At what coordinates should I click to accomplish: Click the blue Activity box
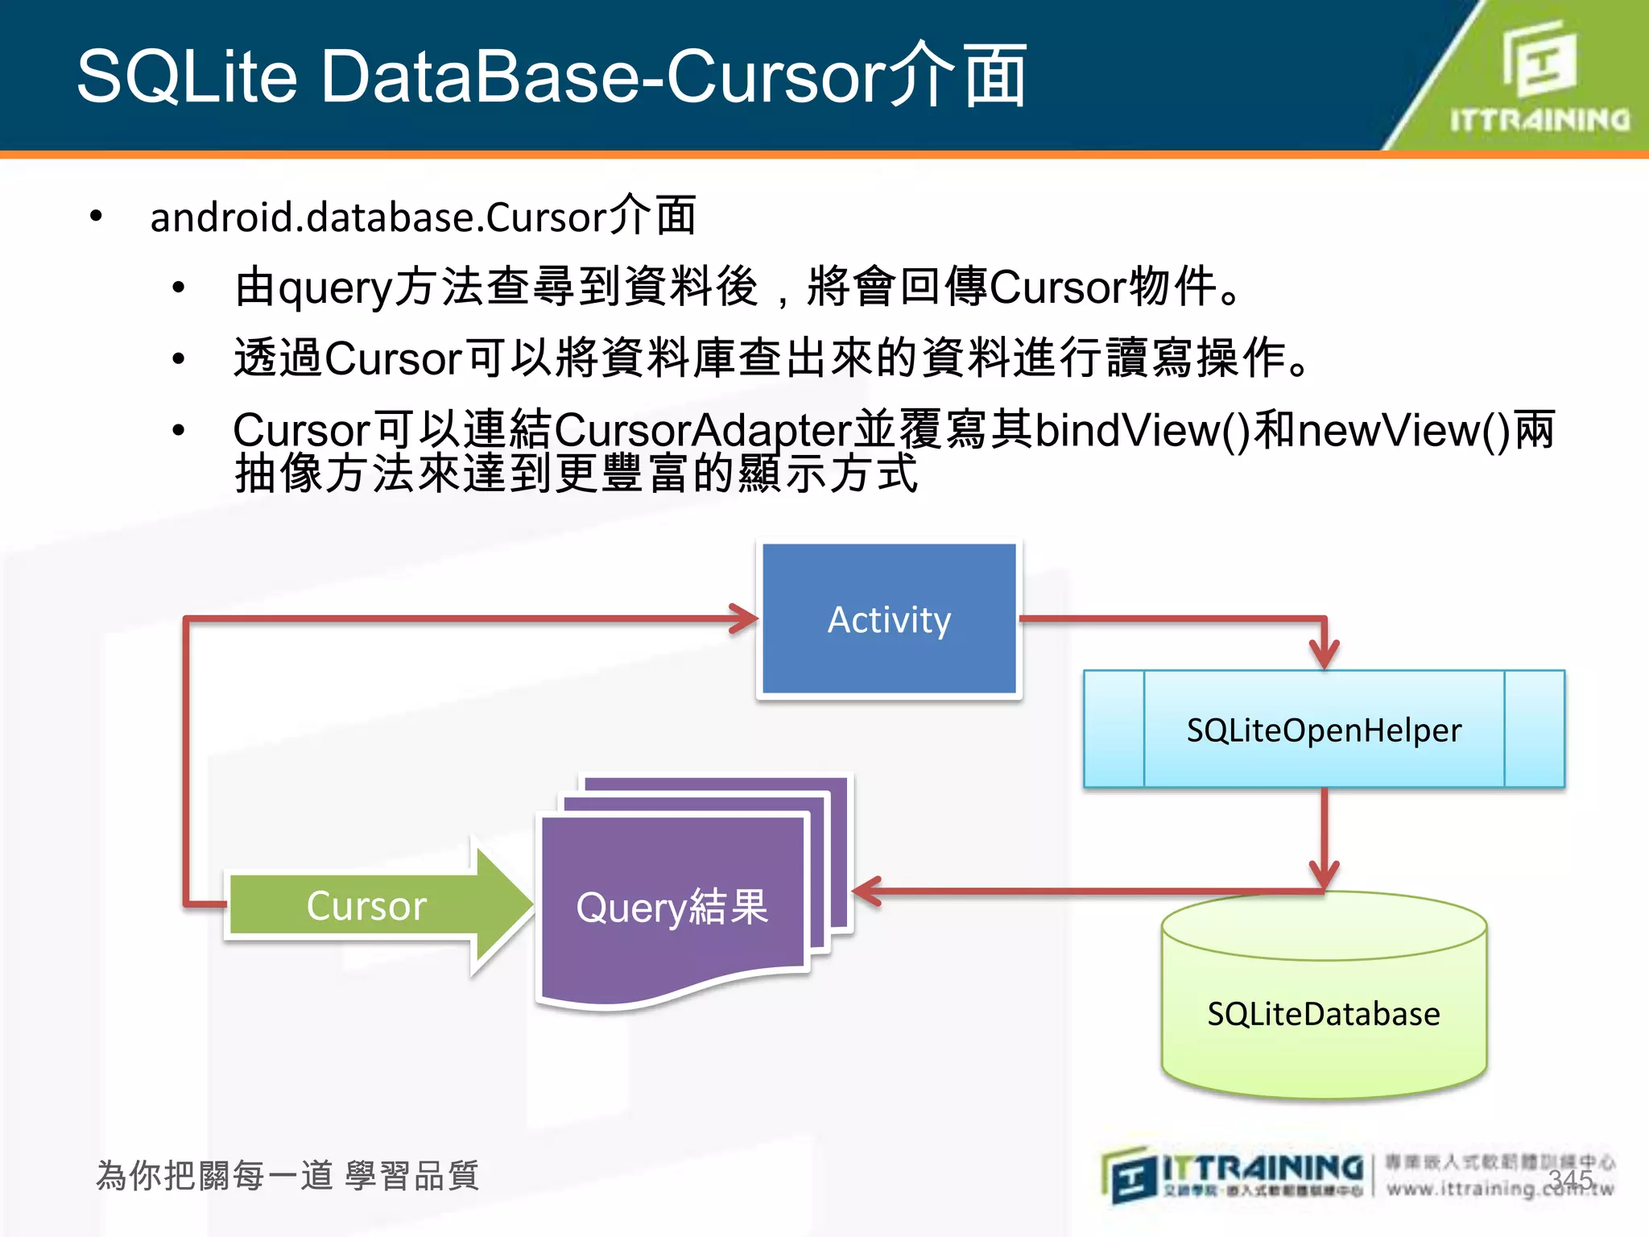889,618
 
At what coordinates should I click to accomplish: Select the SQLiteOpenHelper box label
1324,730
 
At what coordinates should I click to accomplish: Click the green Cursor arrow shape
367,905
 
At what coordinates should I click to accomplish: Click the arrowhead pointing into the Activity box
745,618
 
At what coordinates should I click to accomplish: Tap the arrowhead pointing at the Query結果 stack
866,891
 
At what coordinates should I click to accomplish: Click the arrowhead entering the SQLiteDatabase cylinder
1324,875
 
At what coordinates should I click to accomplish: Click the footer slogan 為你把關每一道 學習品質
287,1176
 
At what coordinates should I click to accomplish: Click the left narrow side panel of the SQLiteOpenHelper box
1114,729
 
